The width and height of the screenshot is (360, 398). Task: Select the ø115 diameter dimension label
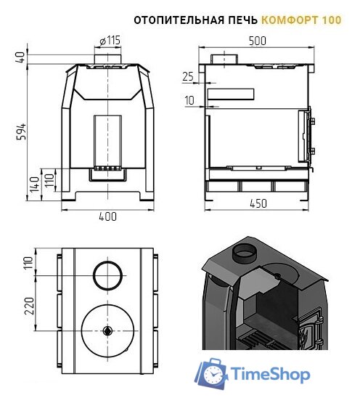click(110, 41)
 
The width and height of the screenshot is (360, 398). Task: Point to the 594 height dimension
click(22, 131)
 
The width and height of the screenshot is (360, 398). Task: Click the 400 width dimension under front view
click(107, 216)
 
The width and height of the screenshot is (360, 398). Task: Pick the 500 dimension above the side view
click(258, 41)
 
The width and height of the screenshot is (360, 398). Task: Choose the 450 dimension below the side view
click(258, 203)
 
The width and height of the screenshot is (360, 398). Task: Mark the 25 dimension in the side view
click(188, 76)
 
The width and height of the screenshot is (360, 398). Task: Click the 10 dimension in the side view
click(189, 100)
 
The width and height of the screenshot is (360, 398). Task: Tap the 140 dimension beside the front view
click(35, 184)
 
